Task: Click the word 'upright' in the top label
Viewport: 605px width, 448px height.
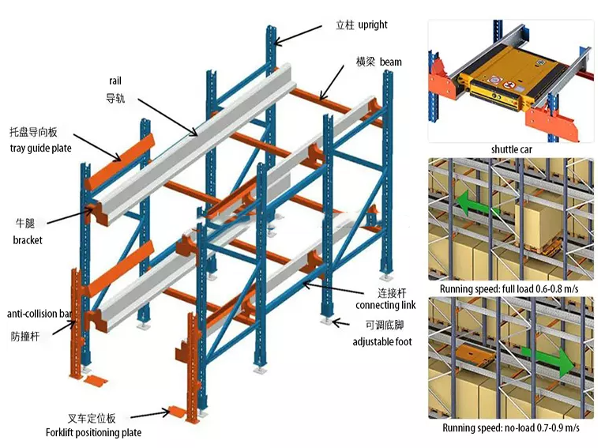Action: tap(373, 25)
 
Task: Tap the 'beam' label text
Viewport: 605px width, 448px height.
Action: tap(390, 62)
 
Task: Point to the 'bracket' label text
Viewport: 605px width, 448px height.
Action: tap(28, 239)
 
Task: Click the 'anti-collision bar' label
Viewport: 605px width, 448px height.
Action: tap(39, 314)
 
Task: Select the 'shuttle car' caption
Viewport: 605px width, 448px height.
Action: tap(511, 149)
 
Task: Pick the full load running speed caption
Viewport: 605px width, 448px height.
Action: tap(510, 289)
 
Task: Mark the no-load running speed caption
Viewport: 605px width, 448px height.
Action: tap(510, 427)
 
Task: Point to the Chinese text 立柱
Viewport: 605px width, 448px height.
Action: tap(344, 25)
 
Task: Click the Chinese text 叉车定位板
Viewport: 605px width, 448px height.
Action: tap(92, 418)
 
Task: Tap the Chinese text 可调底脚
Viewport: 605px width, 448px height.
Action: tap(383, 326)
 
